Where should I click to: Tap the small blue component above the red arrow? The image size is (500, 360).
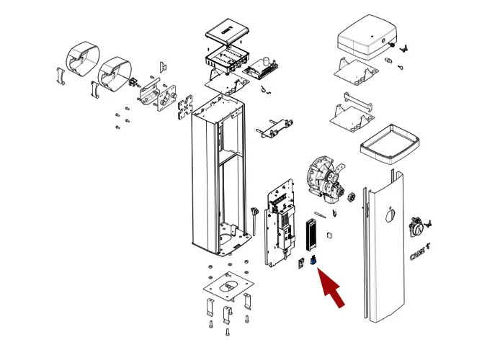(314, 261)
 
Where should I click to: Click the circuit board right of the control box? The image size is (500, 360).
(262, 69)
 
